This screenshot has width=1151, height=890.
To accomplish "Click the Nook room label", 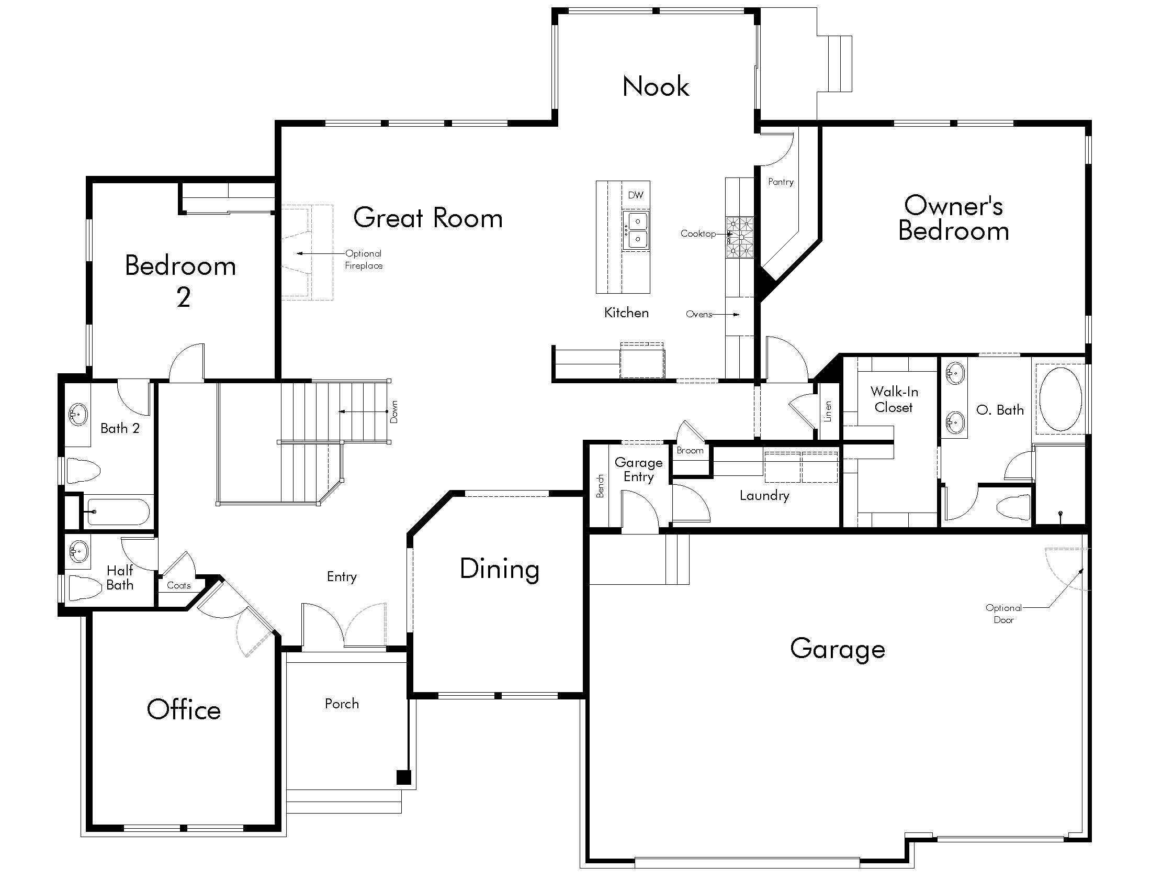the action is (x=656, y=86).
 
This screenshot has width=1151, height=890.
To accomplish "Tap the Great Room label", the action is (x=428, y=218).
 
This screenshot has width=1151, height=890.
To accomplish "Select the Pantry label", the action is (x=781, y=182).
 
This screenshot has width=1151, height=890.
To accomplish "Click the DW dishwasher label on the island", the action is (x=636, y=195).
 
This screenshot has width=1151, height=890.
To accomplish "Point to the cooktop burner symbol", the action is (x=740, y=237).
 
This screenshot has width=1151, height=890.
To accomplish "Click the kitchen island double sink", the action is (x=636, y=230).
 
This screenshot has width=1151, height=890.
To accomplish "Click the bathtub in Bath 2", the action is (x=118, y=511).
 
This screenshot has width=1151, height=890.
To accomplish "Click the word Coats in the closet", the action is (x=178, y=585).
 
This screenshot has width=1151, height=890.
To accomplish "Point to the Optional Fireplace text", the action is (x=364, y=259).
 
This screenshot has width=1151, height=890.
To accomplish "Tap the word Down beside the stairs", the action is (x=394, y=412).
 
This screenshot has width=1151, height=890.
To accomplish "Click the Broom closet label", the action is (x=690, y=450).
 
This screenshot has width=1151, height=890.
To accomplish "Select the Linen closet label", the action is (x=828, y=411).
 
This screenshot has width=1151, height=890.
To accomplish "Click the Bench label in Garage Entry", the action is (x=600, y=486).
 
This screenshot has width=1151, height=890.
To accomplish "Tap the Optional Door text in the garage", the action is (x=1003, y=614).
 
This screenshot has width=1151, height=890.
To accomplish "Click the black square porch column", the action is (x=404, y=777).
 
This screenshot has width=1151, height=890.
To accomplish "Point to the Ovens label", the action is (x=699, y=314).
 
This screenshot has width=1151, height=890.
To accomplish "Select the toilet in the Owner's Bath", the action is (x=1013, y=507).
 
